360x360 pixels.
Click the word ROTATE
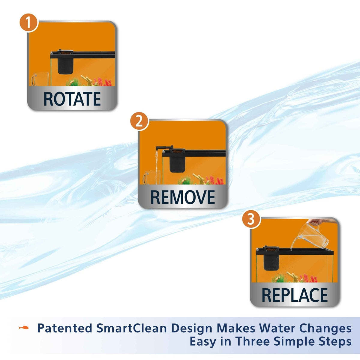(x=72, y=99)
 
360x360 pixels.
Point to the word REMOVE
(x=183, y=197)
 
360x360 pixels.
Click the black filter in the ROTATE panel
(x=65, y=62)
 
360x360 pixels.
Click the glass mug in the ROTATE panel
(x=40, y=79)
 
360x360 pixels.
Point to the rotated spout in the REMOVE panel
(x=164, y=148)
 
